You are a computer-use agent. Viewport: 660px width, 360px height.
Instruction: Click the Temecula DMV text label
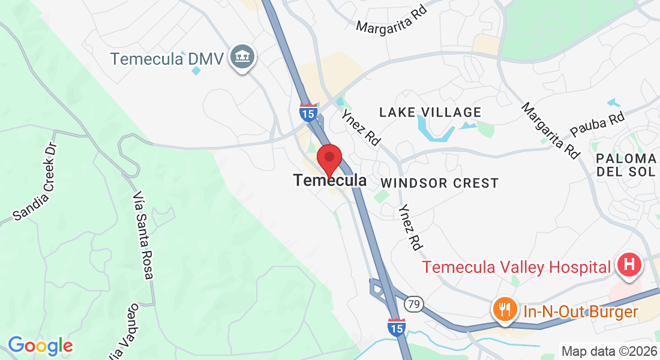click(167, 59)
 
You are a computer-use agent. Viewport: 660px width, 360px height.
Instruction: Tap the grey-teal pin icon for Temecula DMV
click(244, 57)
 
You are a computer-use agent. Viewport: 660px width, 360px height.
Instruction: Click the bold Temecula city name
click(330, 180)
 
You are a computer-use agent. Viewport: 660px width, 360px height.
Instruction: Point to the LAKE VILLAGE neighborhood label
click(430, 112)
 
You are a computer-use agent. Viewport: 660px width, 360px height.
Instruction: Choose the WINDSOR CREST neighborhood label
click(439, 183)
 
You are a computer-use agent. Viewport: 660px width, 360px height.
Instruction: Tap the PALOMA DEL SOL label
click(626, 166)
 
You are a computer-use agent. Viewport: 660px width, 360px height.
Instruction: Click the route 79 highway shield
click(412, 305)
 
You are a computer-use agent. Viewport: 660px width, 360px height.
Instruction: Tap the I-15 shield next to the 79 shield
click(395, 326)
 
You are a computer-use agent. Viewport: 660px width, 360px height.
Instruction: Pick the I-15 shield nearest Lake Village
click(308, 112)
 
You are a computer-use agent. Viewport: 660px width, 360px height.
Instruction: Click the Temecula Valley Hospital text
click(517, 266)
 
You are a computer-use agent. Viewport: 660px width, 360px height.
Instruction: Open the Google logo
click(40, 346)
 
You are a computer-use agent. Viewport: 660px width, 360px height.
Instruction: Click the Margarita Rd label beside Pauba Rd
click(551, 131)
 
